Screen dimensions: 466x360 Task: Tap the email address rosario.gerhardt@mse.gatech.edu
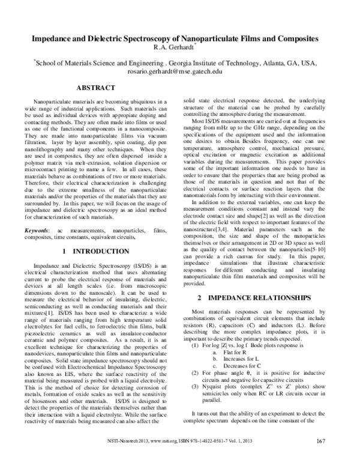point(181,70)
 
